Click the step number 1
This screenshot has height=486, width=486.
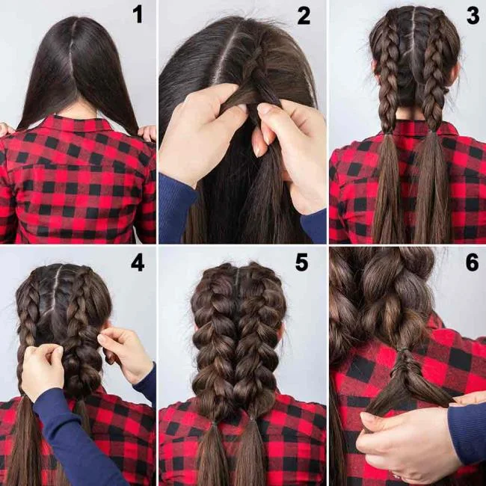tap(137, 16)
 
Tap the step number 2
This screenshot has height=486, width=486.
tap(303, 16)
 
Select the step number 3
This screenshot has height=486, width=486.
tap(472, 16)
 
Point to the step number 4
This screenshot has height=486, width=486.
tap(137, 263)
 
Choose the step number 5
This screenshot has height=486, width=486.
tap(303, 263)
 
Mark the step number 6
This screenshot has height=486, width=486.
tap(472, 263)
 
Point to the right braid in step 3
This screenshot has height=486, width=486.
tap(434, 75)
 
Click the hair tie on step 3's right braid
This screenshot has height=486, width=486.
tap(433, 135)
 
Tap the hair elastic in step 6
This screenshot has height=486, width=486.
tap(405, 350)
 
